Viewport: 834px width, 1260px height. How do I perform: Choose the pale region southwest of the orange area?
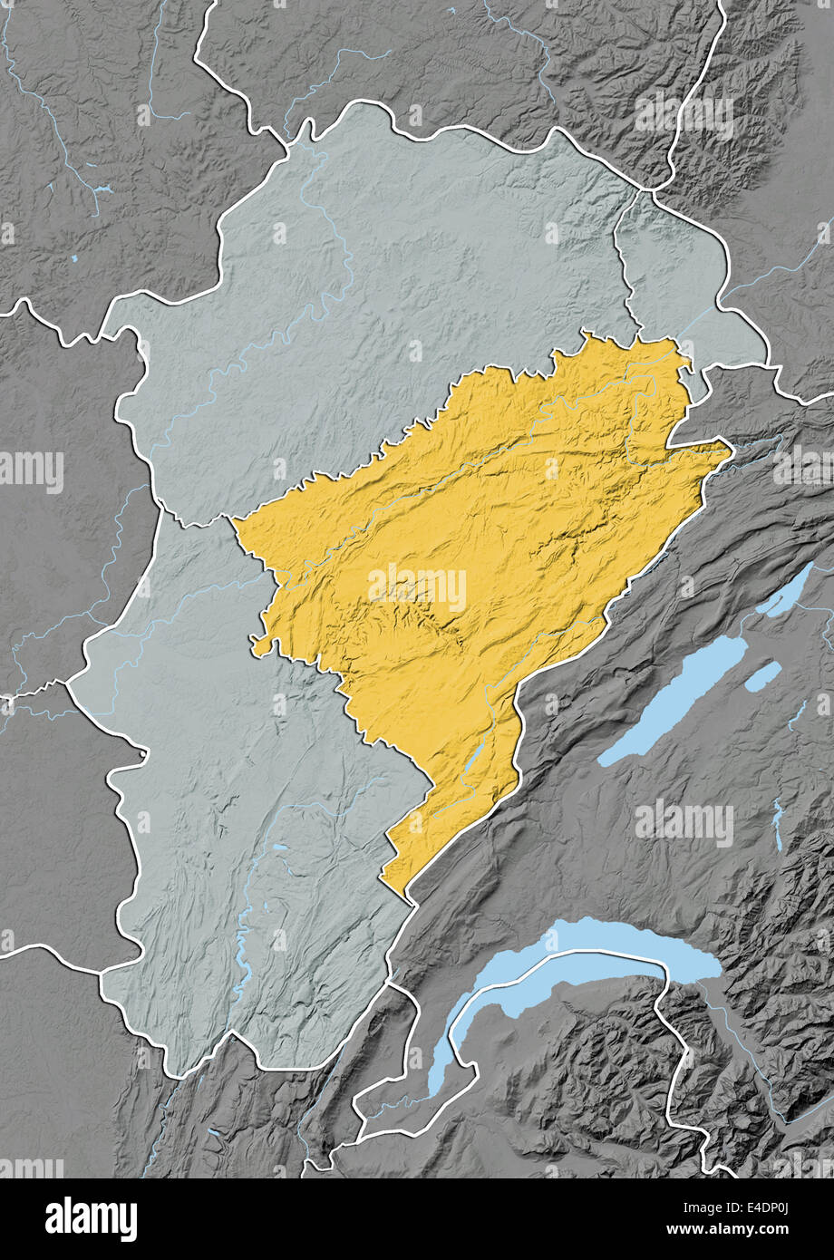point(245,816)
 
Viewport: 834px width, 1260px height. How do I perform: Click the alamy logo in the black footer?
point(91,1218)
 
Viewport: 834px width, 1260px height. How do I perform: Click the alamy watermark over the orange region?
point(417,587)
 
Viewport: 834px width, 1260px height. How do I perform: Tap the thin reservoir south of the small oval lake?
point(777,825)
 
